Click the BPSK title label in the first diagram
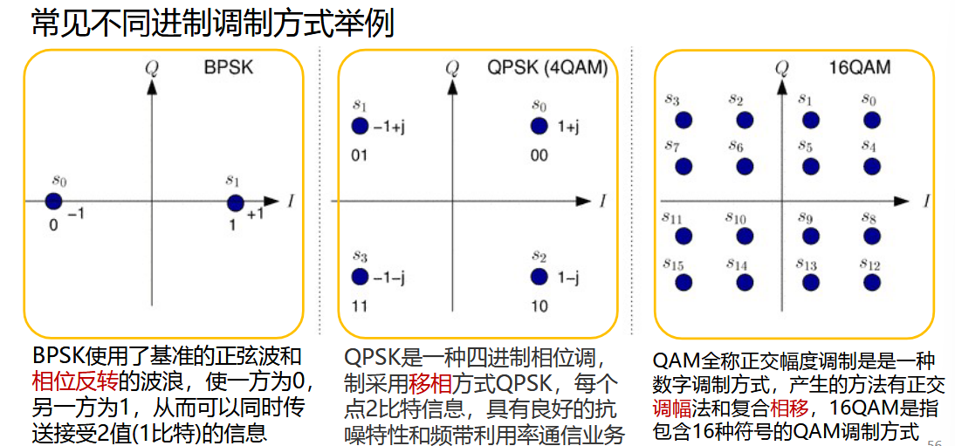point(229,66)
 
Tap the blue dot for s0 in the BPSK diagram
point(53,202)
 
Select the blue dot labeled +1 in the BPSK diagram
point(235,202)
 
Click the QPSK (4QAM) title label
point(547,67)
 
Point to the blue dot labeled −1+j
point(359,127)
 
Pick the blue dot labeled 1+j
point(539,127)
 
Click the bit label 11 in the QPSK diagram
point(359,306)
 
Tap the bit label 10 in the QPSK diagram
point(539,306)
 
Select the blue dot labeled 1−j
point(539,277)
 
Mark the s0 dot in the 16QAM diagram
point(870,120)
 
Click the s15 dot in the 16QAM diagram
point(684,282)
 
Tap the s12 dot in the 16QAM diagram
point(870,282)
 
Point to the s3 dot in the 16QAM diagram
point(684,120)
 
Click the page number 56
point(935,441)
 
